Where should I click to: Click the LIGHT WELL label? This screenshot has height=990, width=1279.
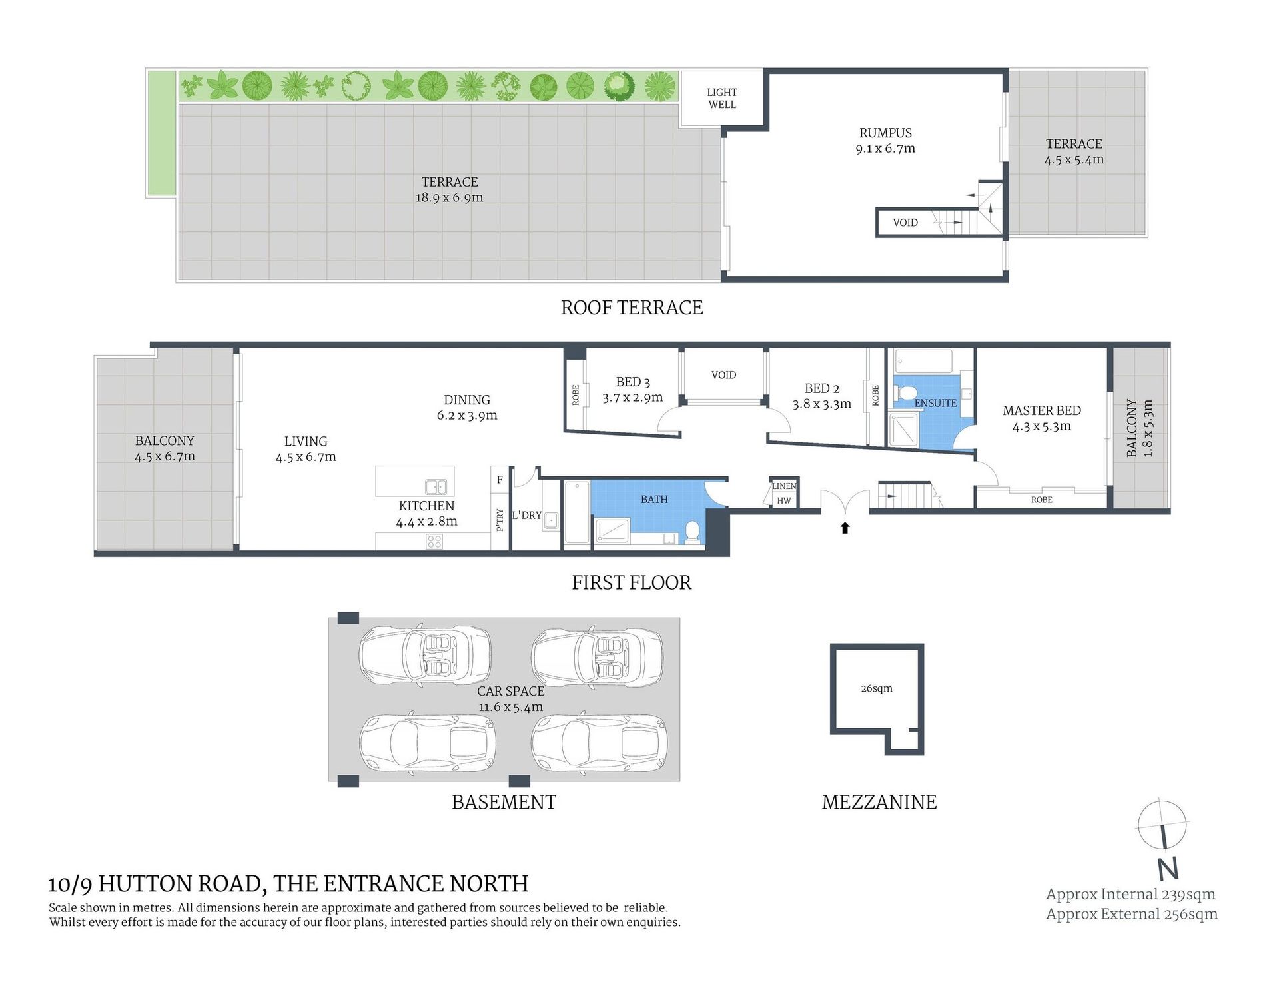pos(722,98)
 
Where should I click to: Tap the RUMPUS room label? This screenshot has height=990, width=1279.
pos(885,133)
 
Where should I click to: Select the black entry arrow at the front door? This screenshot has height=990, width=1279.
pos(845,528)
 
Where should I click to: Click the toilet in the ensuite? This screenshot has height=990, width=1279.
pos(904,395)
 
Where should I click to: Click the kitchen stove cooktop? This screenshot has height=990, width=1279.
pos(434,541)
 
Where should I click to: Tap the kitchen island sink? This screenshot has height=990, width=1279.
pos(435,487)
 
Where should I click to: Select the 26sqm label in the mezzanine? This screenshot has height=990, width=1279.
pos(876,688)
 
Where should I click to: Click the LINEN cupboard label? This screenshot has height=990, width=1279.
pos(784,486)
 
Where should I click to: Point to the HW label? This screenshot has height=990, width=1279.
pos(784,500)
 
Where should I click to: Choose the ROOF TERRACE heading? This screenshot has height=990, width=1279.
pos(632,308)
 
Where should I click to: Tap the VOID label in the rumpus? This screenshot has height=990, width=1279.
pos(905,223)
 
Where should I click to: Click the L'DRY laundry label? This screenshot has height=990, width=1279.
pos(526,515)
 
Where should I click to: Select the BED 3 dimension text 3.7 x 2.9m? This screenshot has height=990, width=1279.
pos(633,398)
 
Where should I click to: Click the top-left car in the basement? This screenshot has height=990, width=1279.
pos(426,654)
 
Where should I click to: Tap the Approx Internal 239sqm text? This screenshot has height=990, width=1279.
pos(1130,895)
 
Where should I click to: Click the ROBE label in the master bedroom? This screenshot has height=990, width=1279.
pos(1042,500)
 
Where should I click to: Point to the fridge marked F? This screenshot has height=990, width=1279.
pos(500,479)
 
